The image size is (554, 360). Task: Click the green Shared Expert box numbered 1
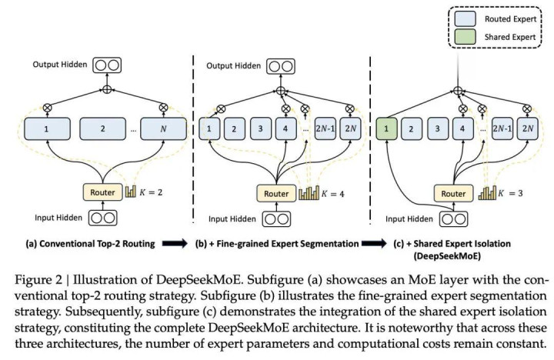[387, 129]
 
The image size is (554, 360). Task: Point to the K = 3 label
[509, 194]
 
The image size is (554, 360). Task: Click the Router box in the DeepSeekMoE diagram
[453, 194]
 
